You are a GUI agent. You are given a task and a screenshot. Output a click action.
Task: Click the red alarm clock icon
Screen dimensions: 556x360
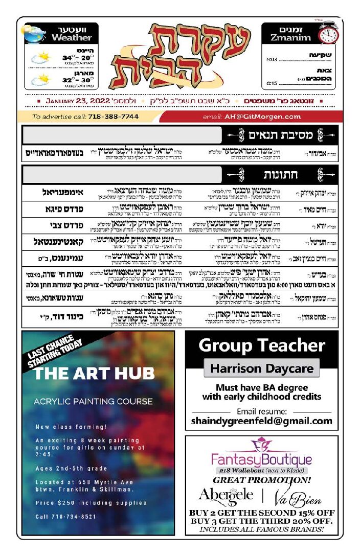pos(328,34)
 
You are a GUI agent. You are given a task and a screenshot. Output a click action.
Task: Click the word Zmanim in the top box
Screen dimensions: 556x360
pos(290,38)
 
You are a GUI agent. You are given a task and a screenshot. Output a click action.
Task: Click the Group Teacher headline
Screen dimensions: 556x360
pos(261,345)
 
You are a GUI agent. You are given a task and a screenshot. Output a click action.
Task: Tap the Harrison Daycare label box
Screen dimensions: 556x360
pos(261,368)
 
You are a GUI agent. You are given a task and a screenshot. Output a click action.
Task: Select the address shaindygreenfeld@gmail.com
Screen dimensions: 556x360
pos(261,421)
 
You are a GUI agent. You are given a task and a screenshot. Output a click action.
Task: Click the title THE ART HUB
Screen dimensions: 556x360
pos(87,374)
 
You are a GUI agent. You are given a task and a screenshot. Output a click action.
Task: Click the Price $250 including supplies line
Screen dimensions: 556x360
pos(91,503)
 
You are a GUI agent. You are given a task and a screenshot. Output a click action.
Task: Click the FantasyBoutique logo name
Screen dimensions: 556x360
pos(261,459)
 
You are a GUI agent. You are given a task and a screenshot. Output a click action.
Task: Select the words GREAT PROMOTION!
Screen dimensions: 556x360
pos(261,480)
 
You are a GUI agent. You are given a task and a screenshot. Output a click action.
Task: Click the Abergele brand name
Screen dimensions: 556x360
pos(226,495)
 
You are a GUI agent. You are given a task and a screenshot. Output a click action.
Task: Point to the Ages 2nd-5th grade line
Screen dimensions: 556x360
pos(72,469)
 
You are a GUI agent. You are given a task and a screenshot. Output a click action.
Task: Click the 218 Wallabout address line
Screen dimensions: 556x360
pos(261,471)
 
